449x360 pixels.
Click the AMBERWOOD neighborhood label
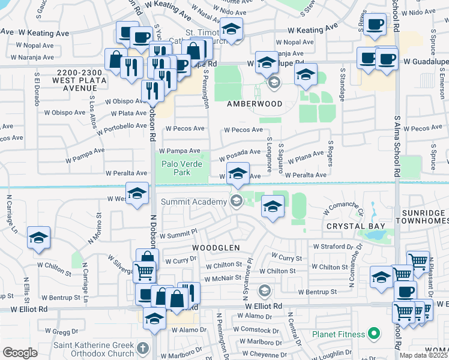(x=253, y=104)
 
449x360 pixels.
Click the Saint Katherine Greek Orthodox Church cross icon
(x=142, y=348)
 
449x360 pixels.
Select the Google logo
(x=20, y=353)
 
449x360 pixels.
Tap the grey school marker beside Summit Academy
(x=237, y=201)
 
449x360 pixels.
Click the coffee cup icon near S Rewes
(x=375, y=25)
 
